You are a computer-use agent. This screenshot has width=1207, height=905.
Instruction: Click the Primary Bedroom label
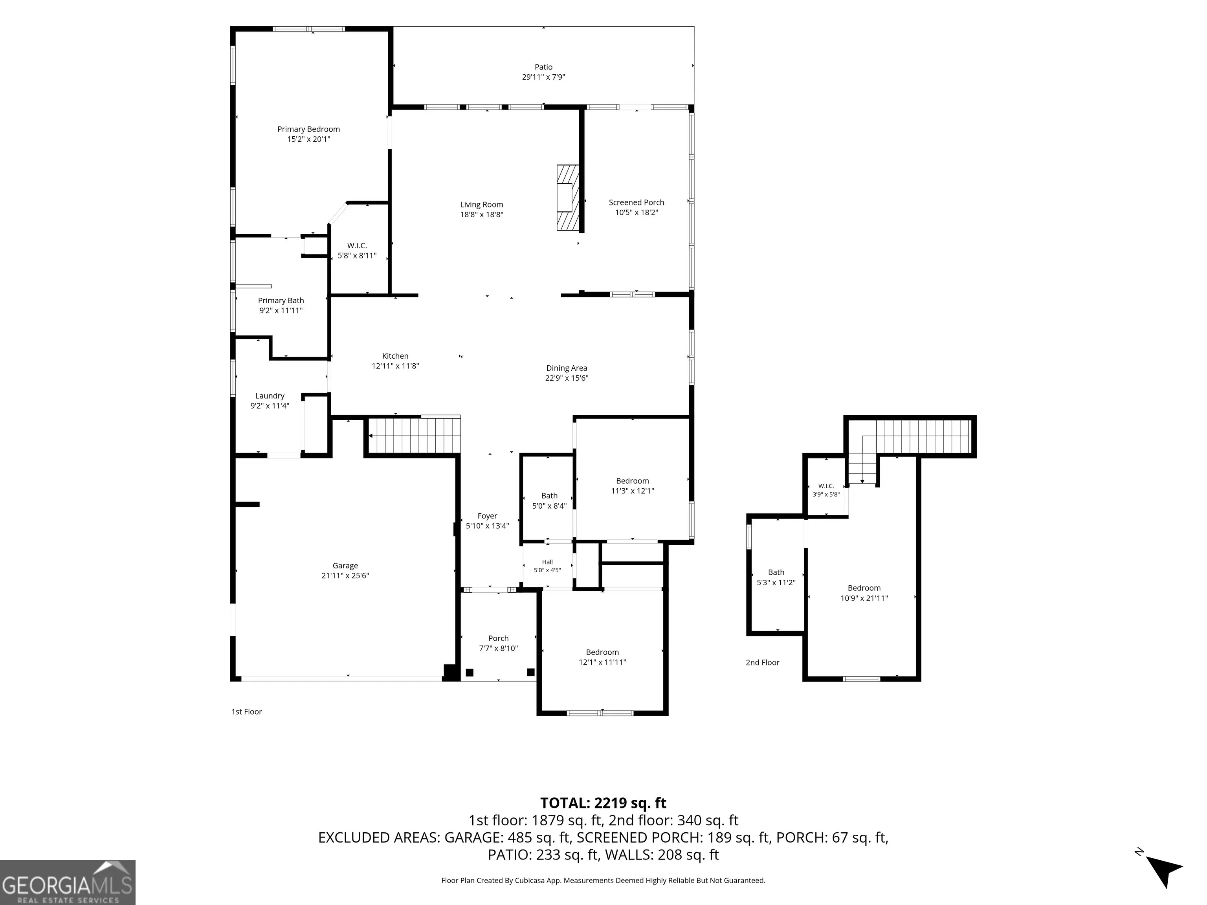coord(308,129)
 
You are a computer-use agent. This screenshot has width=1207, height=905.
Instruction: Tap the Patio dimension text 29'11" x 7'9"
coord(543,77)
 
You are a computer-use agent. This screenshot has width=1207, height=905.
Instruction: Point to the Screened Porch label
coord(636,202)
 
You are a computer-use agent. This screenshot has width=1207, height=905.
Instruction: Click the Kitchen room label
coord(395,356)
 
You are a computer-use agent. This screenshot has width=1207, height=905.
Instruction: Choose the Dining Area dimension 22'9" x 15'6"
coord(567,378)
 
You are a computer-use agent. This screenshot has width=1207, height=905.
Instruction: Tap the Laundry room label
coord(270,396)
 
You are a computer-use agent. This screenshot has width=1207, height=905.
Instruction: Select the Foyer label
coord(487,516)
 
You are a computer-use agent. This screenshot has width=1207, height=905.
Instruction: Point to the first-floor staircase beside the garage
coord(415,435)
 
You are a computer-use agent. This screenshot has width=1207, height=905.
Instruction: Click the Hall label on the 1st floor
coord(547,562)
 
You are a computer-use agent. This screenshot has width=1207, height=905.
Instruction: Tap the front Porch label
coord(498,638)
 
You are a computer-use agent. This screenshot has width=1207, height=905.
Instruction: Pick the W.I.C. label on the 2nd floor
coord(826,486)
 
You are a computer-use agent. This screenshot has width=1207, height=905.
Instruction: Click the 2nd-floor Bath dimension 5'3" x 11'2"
coord(776,583)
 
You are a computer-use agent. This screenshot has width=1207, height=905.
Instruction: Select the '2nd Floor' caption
coord(762,662)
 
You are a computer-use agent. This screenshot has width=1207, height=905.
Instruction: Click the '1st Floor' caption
coord(247,711)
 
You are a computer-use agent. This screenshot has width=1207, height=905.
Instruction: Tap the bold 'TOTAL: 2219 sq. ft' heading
coord(603,803)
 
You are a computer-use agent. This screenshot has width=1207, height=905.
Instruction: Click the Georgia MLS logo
coord(68,882)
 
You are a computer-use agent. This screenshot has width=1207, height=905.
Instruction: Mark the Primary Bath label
coord(281,300)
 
